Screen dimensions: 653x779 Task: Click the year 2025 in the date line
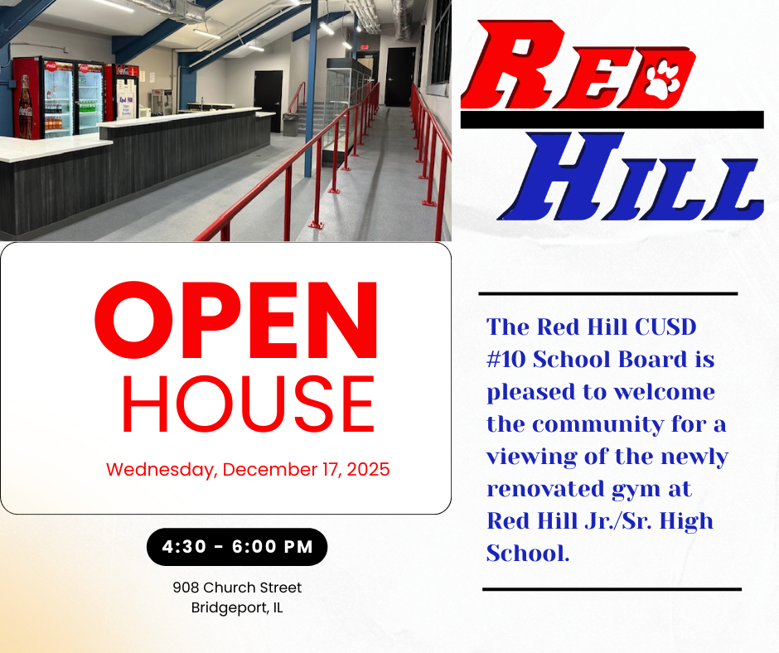click(x=369, y=470)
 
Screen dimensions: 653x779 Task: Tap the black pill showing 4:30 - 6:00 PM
click(x=237, y=547)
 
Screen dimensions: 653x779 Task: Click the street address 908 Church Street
click(x=237, y=588)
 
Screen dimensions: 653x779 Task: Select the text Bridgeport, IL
click(x=237, y=607)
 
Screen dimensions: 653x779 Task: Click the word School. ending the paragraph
click(x=528, y=554)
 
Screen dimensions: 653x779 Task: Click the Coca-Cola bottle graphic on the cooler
click(x=26, y=104)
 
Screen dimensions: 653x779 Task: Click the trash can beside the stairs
click(x=291, y=124)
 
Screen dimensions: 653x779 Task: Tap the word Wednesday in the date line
click(x=162, y=470)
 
